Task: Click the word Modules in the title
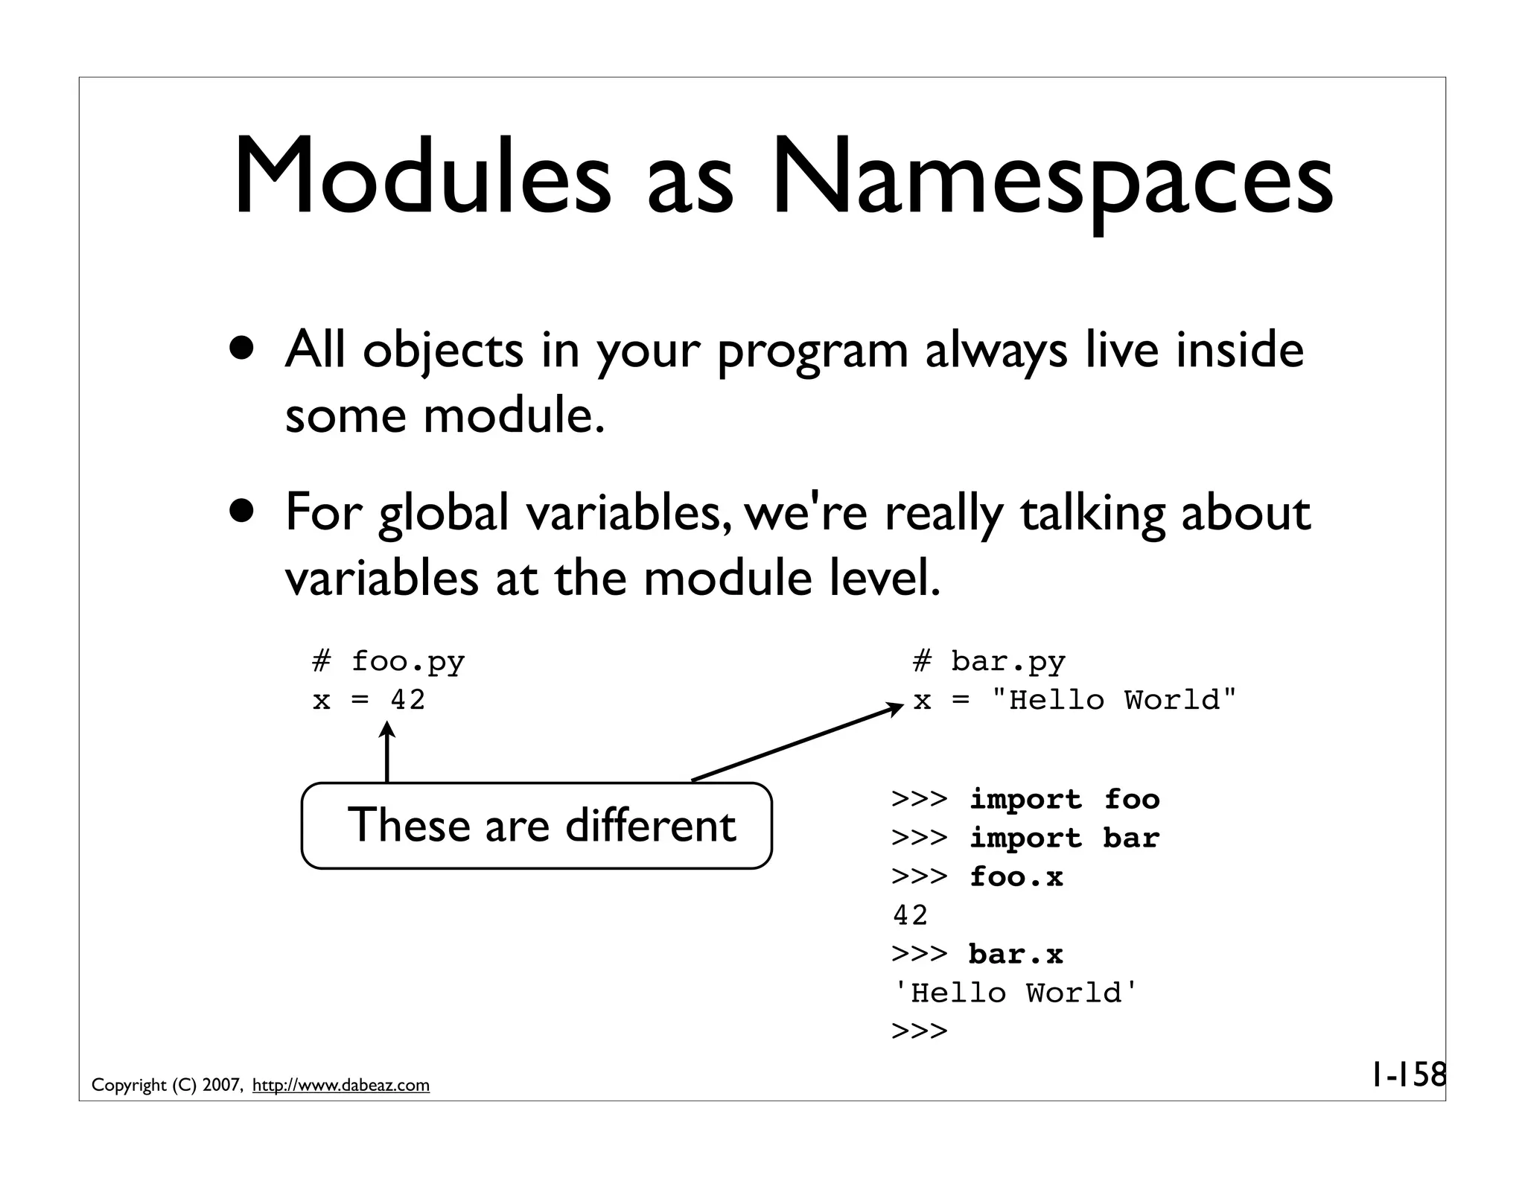pos(421,179)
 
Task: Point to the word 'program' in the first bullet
pos(812,351)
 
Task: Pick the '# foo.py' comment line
pos(388,661)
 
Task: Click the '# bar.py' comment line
pos(989,661)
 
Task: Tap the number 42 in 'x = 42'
pos(408,700)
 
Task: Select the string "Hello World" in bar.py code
pos(1114,700)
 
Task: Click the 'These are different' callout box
pos(536,826)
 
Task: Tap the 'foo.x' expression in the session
pos(1016,877)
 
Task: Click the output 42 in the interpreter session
pos(910,916)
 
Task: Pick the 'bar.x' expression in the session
pos(1016,955)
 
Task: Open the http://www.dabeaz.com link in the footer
pos(341,1086)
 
